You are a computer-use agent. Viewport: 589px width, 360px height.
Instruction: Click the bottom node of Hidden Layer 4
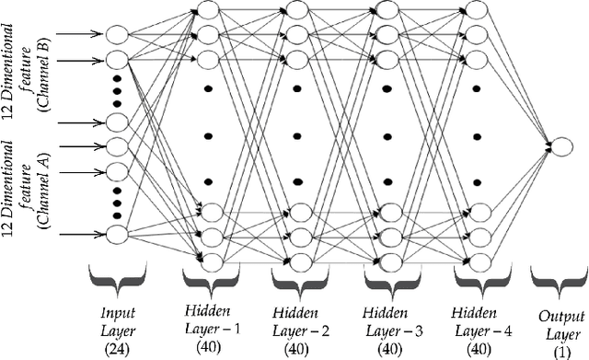(475, 261)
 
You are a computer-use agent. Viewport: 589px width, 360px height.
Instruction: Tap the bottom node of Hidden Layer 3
(386, 261)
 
